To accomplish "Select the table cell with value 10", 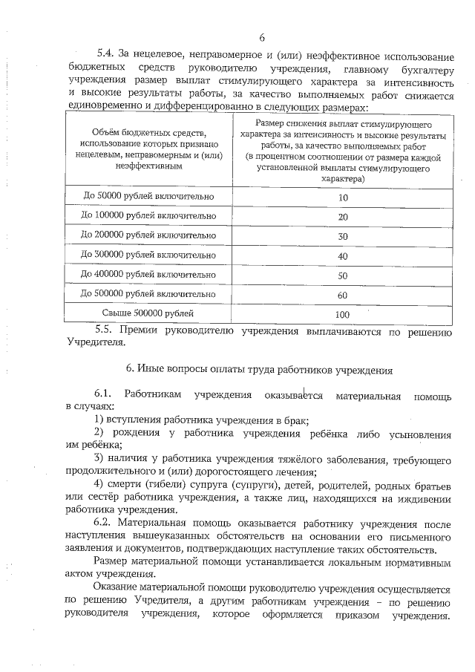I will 343,197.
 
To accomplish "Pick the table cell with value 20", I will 343,216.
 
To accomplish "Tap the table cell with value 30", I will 343,236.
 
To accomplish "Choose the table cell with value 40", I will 343,255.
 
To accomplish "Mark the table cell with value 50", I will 343,275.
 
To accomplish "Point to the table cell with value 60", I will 343,295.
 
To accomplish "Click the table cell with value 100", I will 343,314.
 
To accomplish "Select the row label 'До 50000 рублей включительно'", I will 149,197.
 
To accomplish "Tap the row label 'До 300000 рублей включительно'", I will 149,255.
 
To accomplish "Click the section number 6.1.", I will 103,394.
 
